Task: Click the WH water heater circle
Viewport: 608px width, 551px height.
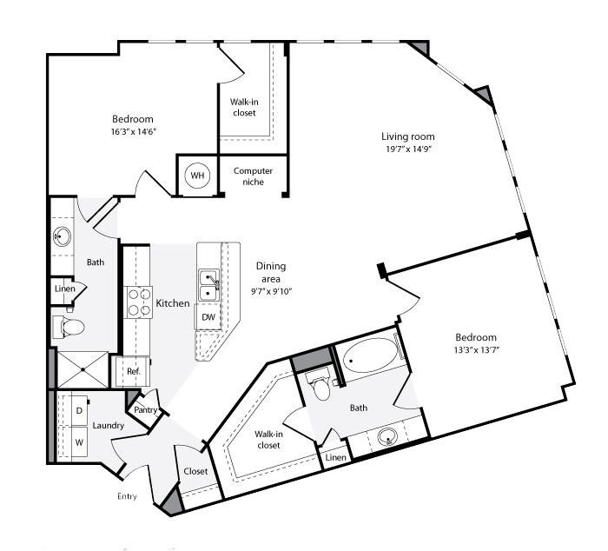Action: coord(197,176)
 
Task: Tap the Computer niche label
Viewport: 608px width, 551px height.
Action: coord(253,176)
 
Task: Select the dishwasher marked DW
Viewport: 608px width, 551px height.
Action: coord(208,317)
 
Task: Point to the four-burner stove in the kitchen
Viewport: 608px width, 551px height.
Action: coord(138,302)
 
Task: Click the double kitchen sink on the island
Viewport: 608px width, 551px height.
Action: coord(208,286)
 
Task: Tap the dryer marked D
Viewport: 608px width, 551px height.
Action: coord(79,410)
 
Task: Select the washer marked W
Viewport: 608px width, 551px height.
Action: coord(79,442)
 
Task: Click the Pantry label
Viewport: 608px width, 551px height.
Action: coord(145,409)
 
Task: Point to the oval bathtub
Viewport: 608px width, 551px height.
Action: coord(370,355)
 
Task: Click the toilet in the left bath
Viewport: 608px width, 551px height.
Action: coord(69,327)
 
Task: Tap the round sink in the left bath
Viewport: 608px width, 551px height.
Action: coord(62,236)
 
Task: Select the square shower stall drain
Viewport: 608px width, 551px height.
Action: coord(83,369)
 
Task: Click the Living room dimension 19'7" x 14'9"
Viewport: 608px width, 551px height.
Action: coord(409,149)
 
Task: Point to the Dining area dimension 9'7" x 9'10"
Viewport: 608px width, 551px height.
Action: coord(271,291)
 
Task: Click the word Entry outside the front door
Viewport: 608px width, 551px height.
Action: coord(127,496)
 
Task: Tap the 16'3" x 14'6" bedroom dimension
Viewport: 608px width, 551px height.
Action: coord(134,131)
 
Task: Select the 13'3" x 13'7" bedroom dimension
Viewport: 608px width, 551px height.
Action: coord(477,349)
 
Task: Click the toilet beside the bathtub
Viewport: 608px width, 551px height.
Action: coord(321,384)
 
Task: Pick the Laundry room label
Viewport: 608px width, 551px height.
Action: coord(109,426)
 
